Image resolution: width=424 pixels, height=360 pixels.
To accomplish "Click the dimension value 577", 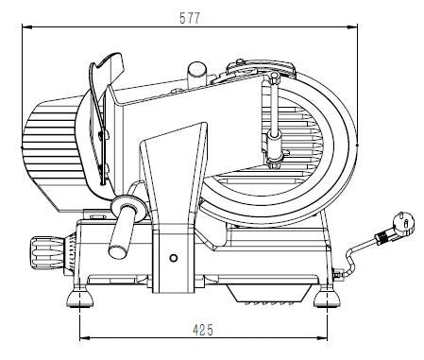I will pyautogui.click(x=193, y=16).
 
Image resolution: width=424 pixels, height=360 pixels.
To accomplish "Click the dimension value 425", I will pyautogui.click(x=200, y=330).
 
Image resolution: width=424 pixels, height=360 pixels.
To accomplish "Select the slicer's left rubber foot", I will pyautogui.click(x=78, y=301).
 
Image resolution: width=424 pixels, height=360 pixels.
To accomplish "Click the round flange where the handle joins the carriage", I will pyautogui.click(x=126, y=207).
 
